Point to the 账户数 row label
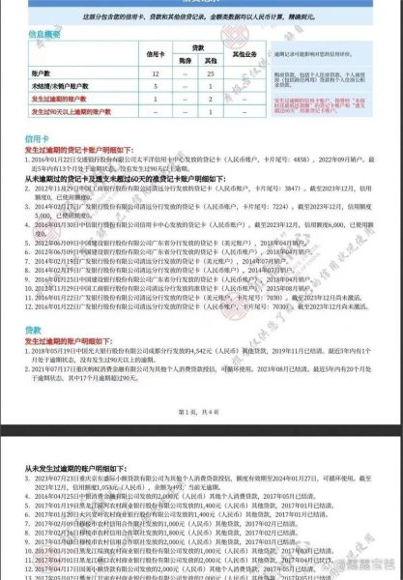(44, 72)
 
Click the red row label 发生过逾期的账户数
(59, 98)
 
